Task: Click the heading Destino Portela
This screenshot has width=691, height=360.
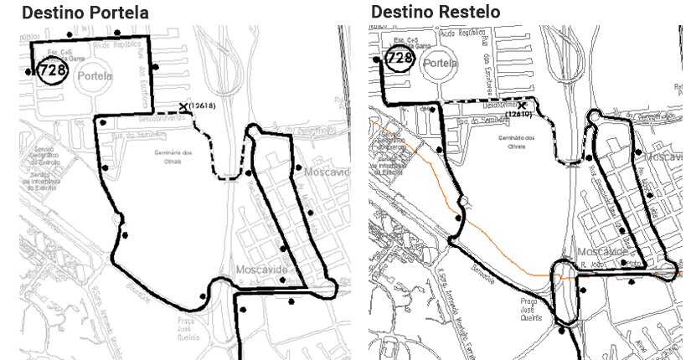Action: [x=85, y=13]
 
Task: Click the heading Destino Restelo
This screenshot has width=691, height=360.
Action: [x=435, y=13]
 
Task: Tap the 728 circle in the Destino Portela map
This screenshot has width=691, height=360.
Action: [x=52, y=70]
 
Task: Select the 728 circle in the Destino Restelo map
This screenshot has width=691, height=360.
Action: [x=400, y=58]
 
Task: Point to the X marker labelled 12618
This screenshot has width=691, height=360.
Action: [x=183, y=107]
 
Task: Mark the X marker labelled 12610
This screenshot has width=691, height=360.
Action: [x=521, y=105]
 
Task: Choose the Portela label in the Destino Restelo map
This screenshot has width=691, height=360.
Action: [x=441, y=63]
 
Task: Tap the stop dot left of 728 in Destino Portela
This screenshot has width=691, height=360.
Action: [x=29, y=72]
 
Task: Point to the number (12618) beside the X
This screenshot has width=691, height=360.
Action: [x=203, y=105]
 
